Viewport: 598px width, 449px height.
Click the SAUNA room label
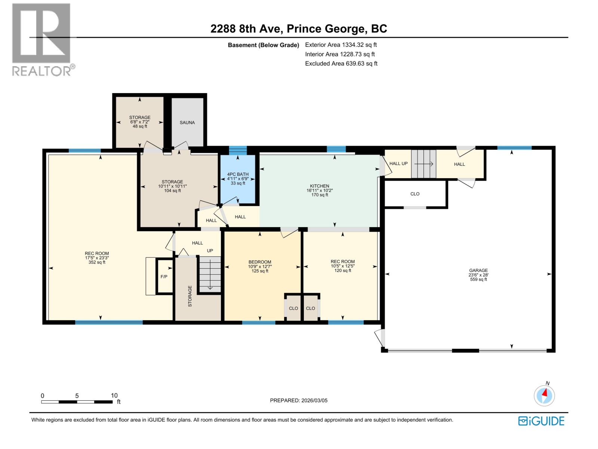pyautogui.click(x=187, y=122)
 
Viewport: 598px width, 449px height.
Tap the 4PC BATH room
pyautogui.click(x=238, y=178)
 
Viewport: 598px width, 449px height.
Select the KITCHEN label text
pyautogui.click(x=319, y=186)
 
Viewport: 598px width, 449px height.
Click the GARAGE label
pyautogui.click(x=478, y=271)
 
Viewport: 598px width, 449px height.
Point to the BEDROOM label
pyautogui.click(x=260, y=262)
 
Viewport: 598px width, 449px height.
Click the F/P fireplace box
pyautogui.click(x=164, y=277)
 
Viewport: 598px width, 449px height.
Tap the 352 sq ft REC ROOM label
pyautogui.click(x=97, y=258)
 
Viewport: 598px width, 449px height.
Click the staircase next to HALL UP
pyautogui.click(x=424, y=164)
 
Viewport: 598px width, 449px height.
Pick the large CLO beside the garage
pyautogui.click(x=415, y=194)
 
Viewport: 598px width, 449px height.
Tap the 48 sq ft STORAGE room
pyautogui.click(x=140, y=122)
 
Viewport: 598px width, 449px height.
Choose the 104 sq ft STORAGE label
pyautogui.click(x=172, y=186)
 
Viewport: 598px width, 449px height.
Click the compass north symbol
pyautogui.click(x=544, y=395)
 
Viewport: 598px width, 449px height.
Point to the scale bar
pyautogui.click(x=77, y=402)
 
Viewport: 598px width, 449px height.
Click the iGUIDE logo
pyautogui.click(x=541, y=421)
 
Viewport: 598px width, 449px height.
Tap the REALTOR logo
pyautogui.click(x=42, y=39)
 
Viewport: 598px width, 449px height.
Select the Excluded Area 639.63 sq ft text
pyautogui.click(x=341, y=64)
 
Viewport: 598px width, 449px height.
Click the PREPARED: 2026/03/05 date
pyautogui.click(x=299, y=400)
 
